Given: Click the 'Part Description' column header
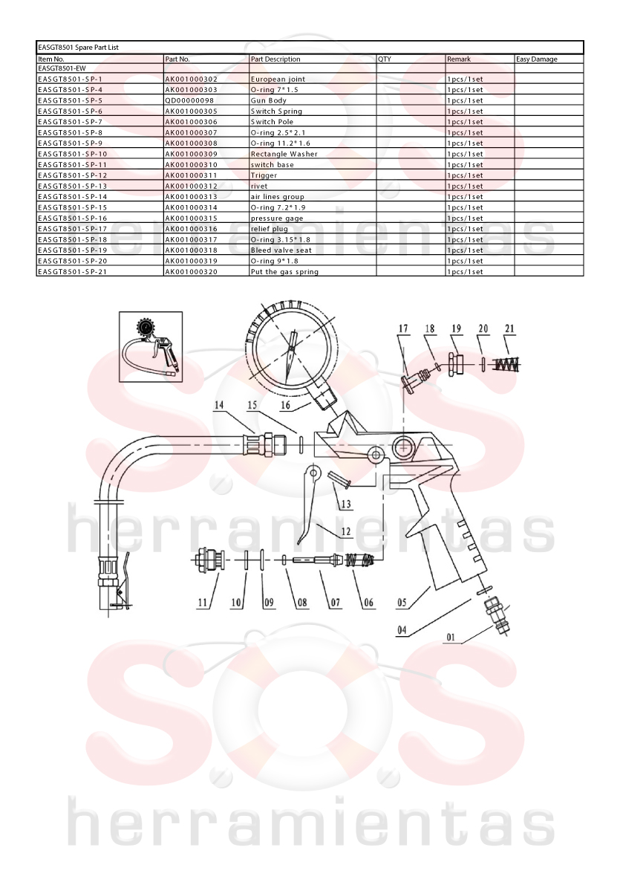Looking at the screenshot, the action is pyautogui.click(x=275, y=59).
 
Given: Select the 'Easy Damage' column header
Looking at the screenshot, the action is pyautogui.click(x=536, y=59).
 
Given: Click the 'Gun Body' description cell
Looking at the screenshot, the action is pyautogui.click(x=268, y=100).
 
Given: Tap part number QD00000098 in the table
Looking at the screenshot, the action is pyautogui.click(x=190, y=100).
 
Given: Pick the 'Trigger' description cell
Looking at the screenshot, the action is pyautogui.click(x=264, y=175).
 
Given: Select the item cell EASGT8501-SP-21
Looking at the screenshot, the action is pyautogui.click(x=72, y=271).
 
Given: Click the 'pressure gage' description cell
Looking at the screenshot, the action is pyautogui.click(x=277, y=218).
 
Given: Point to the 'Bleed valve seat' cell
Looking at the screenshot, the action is pyautogui.click(x=281, y=250).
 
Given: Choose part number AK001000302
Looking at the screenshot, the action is pyautogui.click(x=191, y=79).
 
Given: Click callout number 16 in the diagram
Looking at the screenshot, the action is pyautogui.click(x=285, y=405).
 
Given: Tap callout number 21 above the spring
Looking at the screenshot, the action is pyautogui.click(x=509, y=328).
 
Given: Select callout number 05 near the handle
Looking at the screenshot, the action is pyautogui.click(x=402, y=603).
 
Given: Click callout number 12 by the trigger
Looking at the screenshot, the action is pyautogui.click(x=345, y=531).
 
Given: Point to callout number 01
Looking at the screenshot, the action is pyautogui.click(x=451, y=638).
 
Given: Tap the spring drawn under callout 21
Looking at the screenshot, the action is pyautogui.click(x=507, y=365).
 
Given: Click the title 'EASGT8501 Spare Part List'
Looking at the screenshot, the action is pyautogui.click(x=78, y=48).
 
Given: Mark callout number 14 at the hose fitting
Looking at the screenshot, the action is pyautogui.click(x=219, y=405).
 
